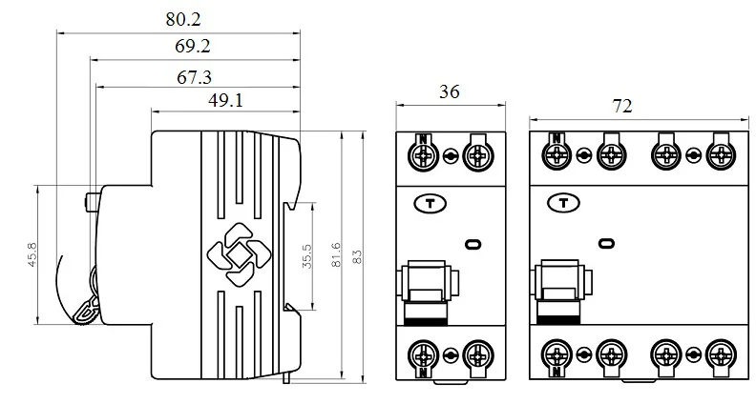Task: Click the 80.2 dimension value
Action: (x=182, y=19)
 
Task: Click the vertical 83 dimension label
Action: (x=358, y=256)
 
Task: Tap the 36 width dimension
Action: (x=449, y=92)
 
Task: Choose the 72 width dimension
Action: (x=621, y=107)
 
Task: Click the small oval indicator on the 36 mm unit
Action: (x=472, y=245)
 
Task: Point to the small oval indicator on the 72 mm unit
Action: (x=605, y=245)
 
